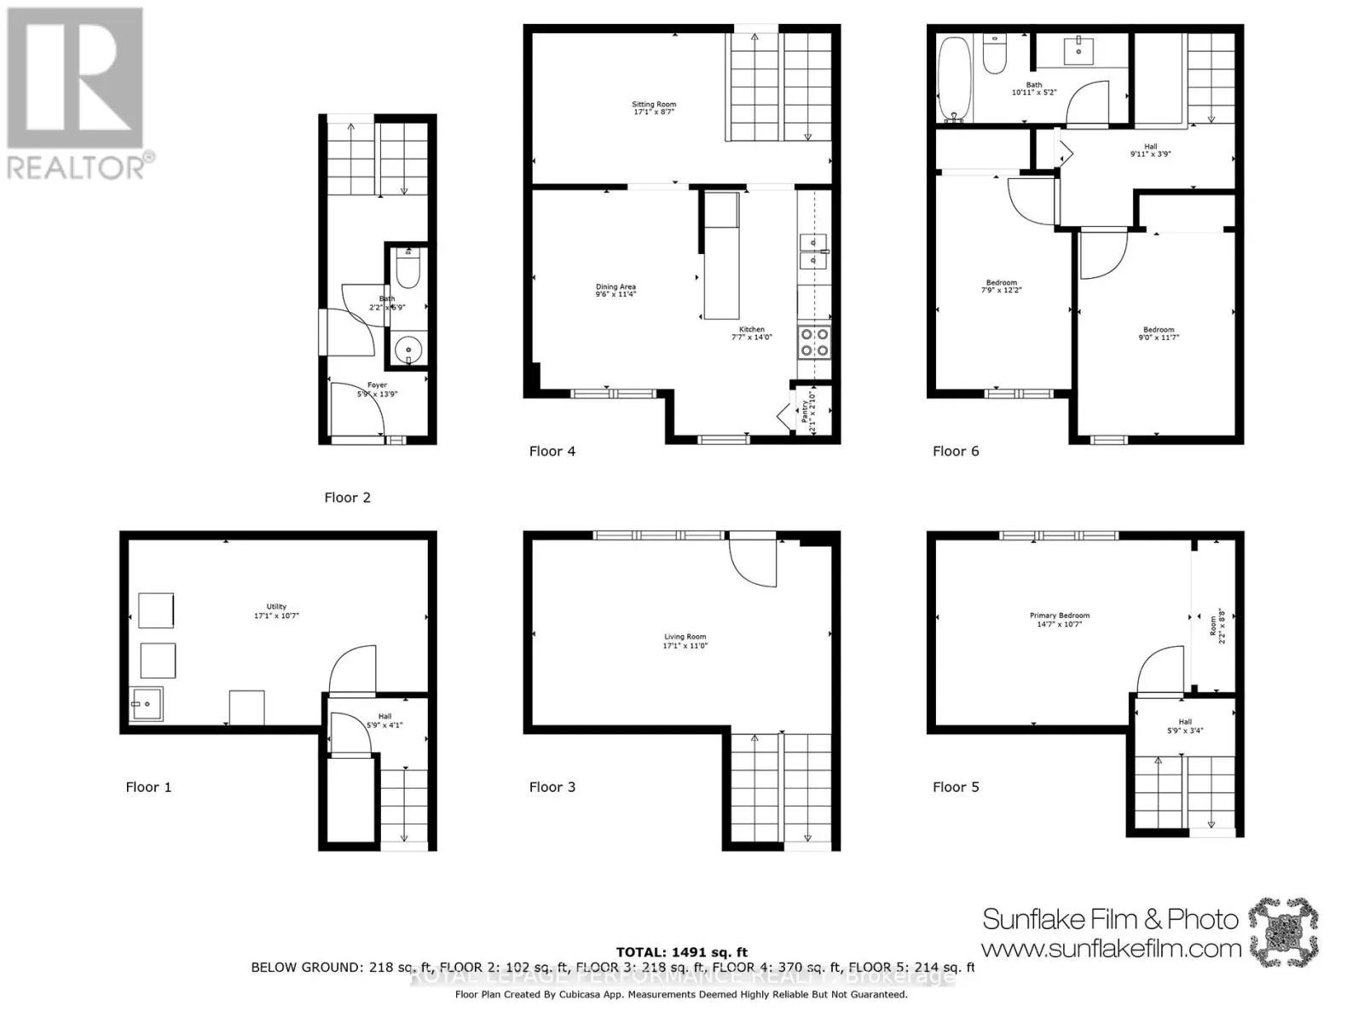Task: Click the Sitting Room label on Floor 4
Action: tap(654, 108)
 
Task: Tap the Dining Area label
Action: tap(616, 291)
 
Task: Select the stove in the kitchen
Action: tap(813, 342)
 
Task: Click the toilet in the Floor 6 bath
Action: tap(995, 55)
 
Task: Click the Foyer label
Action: tap(377, 390)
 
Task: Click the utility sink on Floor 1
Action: tap(145, 704)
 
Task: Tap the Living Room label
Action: tap(685, 641)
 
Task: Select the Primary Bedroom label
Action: tap(1060, 620)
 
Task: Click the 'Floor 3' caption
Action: tap(552, 787)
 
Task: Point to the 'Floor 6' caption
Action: tap(956, 451)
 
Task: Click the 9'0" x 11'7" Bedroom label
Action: tap(1159, 333)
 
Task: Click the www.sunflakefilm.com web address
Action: tap(1111, 948)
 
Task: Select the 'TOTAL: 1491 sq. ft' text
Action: tap(681, 952)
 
